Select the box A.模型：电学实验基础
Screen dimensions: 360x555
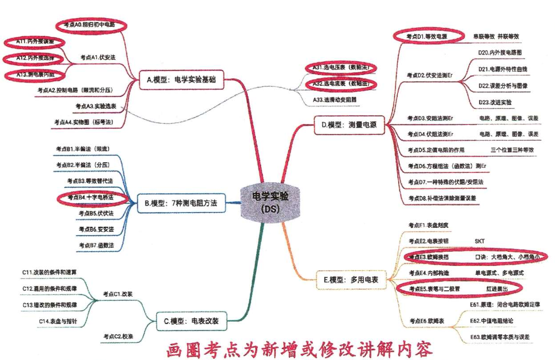(x=181, y=80)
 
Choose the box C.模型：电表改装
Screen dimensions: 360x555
(x=192, y=321)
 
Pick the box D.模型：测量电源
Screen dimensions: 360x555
(x=349, y=125)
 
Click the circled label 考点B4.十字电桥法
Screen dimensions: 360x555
(x=90, y=197)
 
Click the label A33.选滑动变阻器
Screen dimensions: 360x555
(x=335, y=99)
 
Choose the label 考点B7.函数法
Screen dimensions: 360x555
(x=96, y=245)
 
